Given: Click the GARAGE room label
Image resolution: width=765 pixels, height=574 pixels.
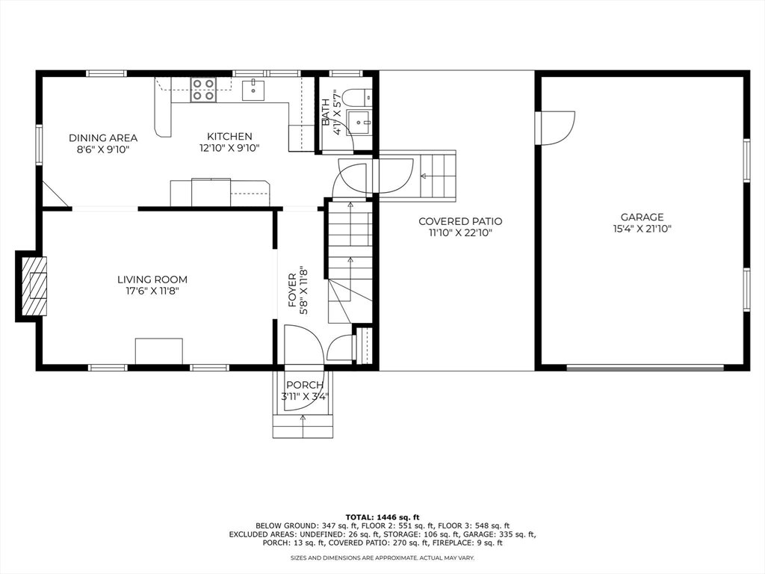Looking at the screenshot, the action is [x=642, y=217].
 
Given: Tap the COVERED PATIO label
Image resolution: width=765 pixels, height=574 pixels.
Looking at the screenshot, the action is [x=460, y=221].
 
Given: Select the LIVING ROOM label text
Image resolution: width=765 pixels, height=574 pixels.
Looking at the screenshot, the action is [x=152, y=280].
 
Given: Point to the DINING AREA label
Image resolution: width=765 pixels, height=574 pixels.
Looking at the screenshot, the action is [x=103, y=138].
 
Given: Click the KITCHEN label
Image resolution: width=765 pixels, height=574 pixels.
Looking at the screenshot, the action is [x=229, y=137].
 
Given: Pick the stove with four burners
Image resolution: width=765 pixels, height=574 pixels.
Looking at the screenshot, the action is [x=203, y=90].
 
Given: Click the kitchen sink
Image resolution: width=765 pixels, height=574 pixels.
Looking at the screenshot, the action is [x=253, y=90].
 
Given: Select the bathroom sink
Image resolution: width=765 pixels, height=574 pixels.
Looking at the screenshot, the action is [x=359, y=121].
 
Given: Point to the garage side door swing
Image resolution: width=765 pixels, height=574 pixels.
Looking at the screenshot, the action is [x=555, y=129].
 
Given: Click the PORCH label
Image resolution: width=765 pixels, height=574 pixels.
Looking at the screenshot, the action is [x=305, y=385].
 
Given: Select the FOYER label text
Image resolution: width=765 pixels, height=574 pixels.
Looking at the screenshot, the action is [x=292, y=291].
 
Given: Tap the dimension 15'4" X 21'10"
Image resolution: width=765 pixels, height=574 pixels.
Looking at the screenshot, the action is [x=642, y=229].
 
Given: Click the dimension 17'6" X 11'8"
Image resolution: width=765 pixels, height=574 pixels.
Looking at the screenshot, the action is [x=152, y=291].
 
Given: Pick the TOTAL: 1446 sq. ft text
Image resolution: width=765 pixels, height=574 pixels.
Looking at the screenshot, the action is [x=382, y=517].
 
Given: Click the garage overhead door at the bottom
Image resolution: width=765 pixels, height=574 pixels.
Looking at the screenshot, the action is [x=645, y=368].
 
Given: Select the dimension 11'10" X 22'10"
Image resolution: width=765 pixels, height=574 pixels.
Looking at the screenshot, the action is [x=460, y=233].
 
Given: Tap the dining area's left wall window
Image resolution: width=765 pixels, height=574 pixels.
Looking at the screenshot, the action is [x=39, y=144].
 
